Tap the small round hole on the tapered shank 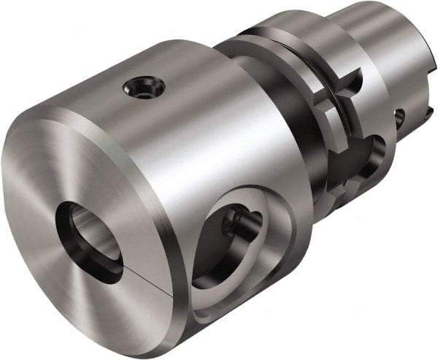399,115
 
